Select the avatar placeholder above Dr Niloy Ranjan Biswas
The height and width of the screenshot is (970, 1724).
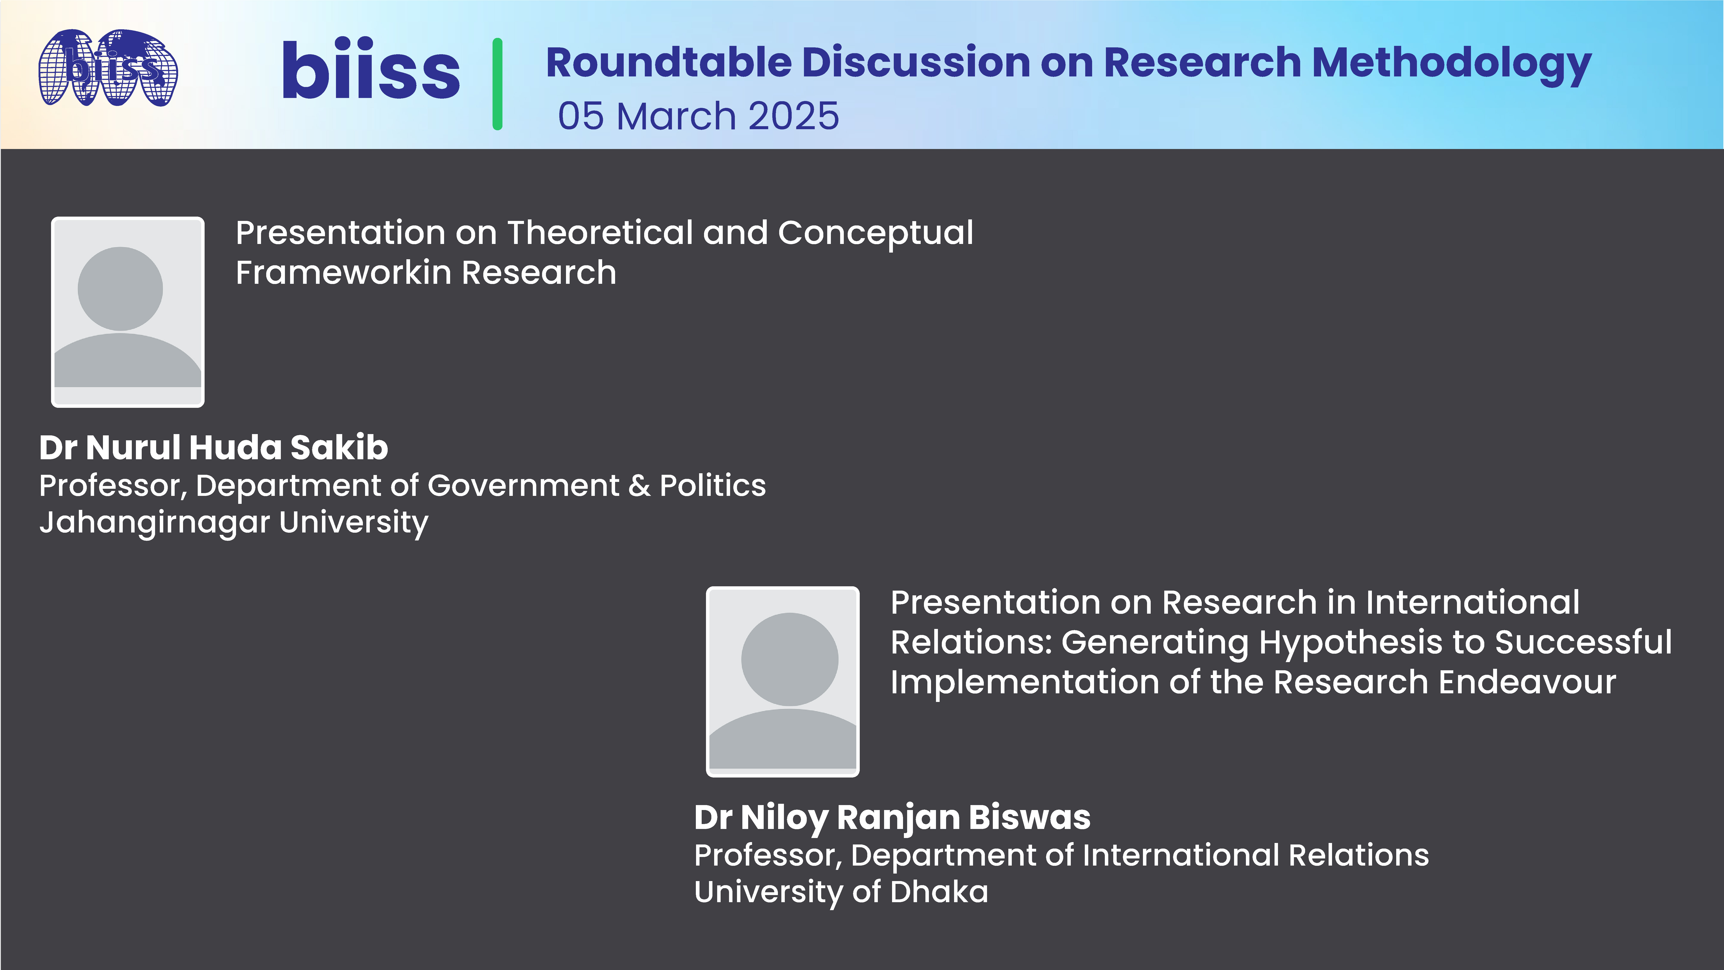pyautogui.click(x=782, y=682)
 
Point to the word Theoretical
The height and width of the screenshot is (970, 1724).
pyautogui.click(x=600, y=233)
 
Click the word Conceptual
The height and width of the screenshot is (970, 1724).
pyautogui.click(x=875, y=233)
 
